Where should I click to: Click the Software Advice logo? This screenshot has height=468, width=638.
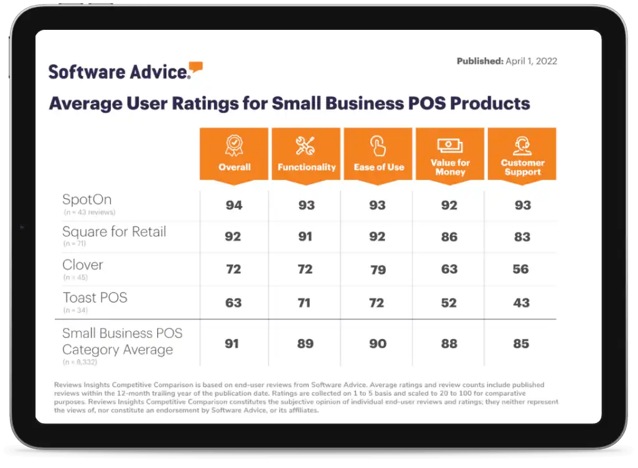(x=125, y=70)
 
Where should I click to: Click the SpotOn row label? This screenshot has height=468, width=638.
(x=87, y=200)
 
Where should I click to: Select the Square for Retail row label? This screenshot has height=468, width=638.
(x=114, y=232)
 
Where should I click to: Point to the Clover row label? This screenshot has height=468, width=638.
(x=83, y=264)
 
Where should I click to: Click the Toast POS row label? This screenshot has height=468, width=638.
(x=95, y=297)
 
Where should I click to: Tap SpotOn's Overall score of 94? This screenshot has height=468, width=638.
(x=234, y=205)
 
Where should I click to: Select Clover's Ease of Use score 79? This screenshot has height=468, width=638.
(x=378, y=269)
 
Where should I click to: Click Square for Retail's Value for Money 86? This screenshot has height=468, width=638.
(x=449, y=237)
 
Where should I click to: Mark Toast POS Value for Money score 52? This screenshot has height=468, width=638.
(x=449, y=302)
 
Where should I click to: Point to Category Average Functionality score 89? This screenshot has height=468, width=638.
(x=306, y=343)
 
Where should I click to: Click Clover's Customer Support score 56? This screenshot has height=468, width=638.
(x=521, y=269)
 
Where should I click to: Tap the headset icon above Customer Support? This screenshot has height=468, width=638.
(x=522, y=146)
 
